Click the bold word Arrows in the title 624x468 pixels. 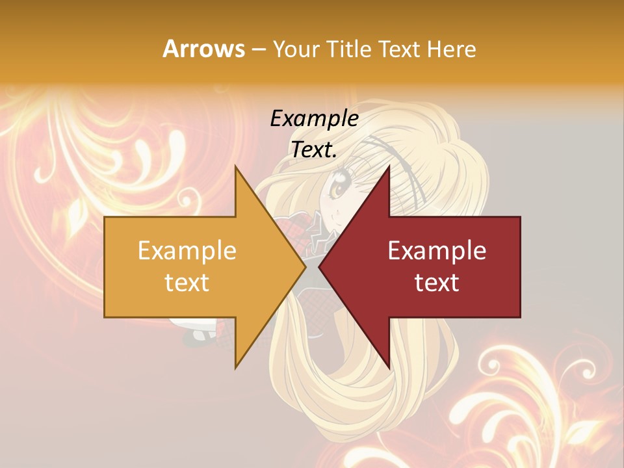coord(204,49)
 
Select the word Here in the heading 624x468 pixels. coord(452,49)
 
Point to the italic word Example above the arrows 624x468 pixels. coord(314,119)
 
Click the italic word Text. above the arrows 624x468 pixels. coord(314,150)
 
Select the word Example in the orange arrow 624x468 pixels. coord(187,251)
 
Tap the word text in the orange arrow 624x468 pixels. coord(187,283)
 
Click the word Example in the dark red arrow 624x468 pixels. coord(437,251)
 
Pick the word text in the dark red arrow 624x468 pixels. coord(437,283)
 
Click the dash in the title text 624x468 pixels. coord(258,50)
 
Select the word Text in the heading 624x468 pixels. coord(400,49)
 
